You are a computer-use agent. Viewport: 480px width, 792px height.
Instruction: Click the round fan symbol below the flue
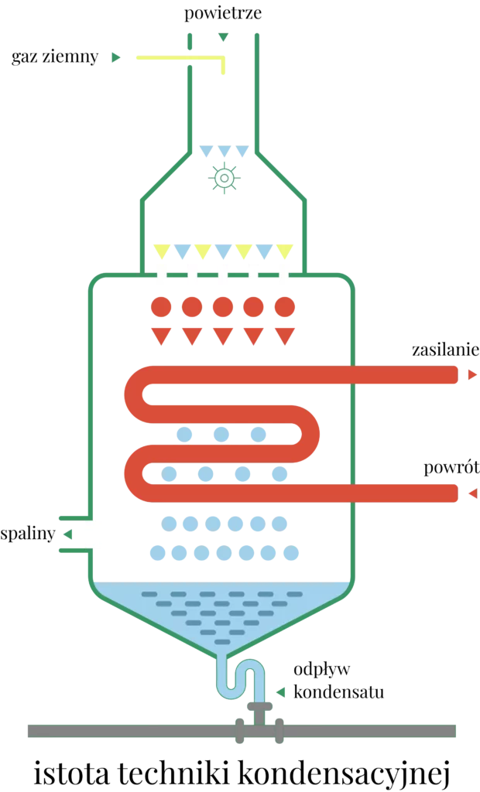[x=225, y=179]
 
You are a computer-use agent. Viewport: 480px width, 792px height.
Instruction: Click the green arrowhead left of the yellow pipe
[x=115, y=57]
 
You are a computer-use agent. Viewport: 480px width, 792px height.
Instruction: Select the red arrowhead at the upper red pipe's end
[x=471, y=375]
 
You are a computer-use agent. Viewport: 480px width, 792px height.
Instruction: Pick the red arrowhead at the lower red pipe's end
[x=471, y=492]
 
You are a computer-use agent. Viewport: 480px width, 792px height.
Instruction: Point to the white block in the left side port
[x=93, y=534]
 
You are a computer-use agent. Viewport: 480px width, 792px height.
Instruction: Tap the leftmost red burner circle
[x=161, y=307]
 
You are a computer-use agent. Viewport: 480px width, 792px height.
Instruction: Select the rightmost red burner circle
[x=285, y=307]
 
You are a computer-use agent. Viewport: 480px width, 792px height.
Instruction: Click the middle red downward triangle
[x=223, y=335]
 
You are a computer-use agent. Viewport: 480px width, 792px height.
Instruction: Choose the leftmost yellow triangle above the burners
[x=161, y=251]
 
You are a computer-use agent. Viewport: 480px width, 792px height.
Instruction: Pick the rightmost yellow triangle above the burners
[x=286, y=251]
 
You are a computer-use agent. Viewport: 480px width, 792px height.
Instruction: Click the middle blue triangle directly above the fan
[x=225, y=150]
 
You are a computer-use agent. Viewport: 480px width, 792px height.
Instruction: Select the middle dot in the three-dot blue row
[x=221, y=434]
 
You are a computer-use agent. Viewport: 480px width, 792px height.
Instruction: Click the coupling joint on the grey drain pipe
[x=259, y=732]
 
